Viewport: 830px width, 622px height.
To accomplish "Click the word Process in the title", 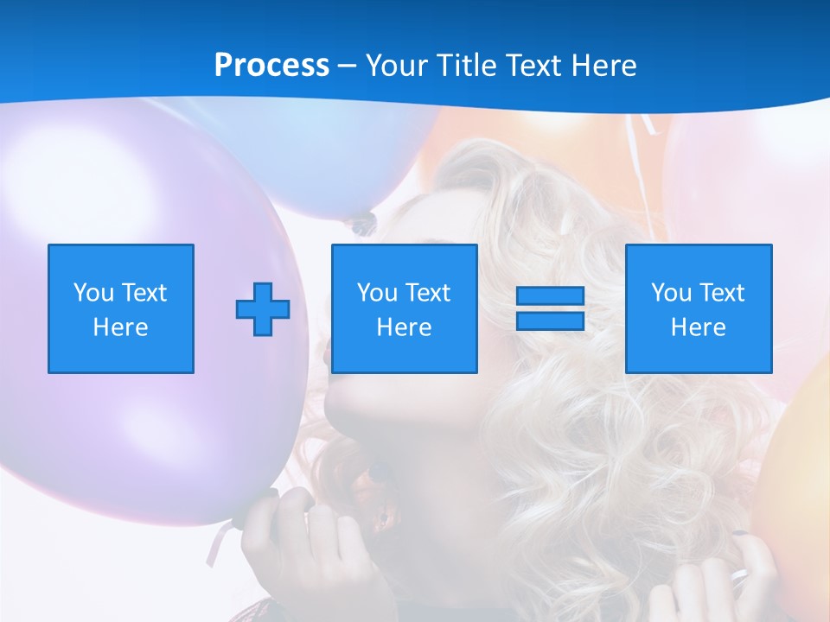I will (271, 66).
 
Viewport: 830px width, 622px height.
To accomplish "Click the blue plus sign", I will (263, 308).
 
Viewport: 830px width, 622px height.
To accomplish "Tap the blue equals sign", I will (550, 308).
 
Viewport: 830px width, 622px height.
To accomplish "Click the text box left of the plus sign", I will (121, 308).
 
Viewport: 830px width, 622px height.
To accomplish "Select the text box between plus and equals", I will (404, 308).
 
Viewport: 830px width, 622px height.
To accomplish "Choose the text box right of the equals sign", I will (699, 308).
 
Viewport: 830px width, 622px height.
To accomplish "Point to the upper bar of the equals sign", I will (550, 296).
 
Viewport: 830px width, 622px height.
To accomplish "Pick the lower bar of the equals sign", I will (550, 321).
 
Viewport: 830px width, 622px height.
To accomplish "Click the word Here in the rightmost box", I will (699, 327).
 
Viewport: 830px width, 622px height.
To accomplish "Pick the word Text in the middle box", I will (428, 293).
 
